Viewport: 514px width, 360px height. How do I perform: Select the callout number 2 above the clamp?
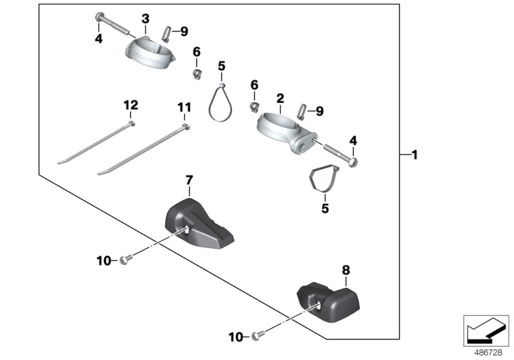click(x=279, y=98)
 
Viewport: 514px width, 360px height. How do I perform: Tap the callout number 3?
click(x=145, y=18)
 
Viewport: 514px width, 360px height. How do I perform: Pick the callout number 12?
click(x=130, y=104)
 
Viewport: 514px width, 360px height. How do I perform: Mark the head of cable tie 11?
click(x=186, y=128)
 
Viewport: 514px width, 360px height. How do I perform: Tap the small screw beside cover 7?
click(x=125, y=260)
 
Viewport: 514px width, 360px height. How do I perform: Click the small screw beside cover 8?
click(x=258, y=335)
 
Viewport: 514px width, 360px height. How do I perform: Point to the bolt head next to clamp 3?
click(x=98, y=16)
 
